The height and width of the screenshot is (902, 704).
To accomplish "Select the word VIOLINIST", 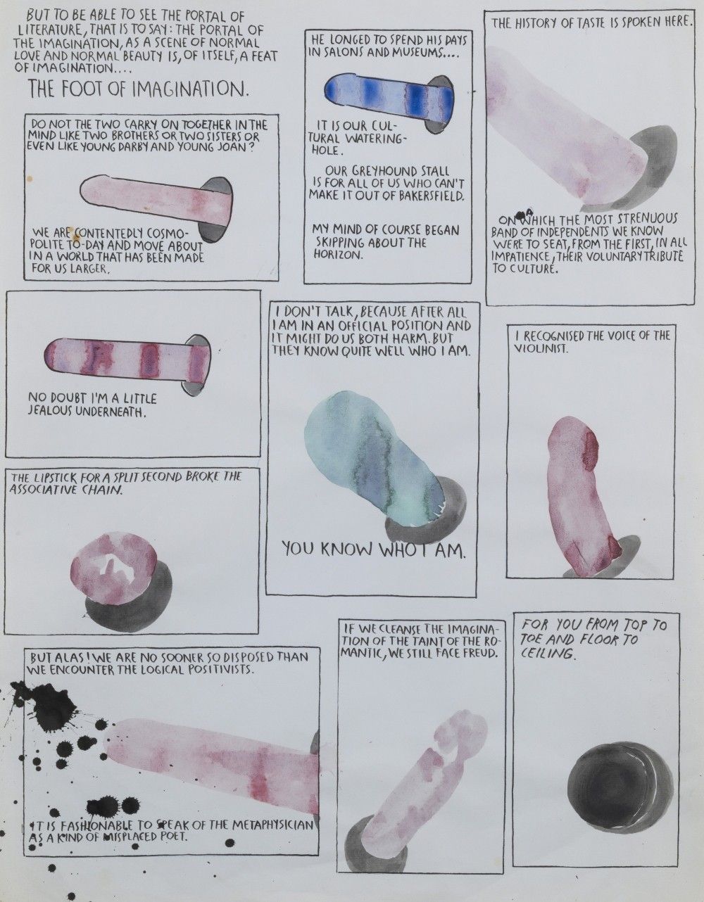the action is (x=541, y=349).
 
